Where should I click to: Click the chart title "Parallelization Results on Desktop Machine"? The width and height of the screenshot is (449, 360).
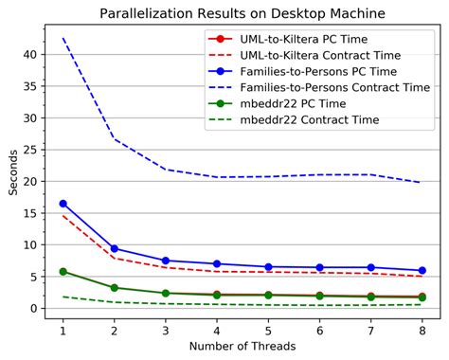(x=242, y=12)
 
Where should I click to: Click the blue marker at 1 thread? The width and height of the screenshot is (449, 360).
(x=63, y=204)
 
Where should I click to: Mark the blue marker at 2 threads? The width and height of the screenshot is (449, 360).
(x=115, y=248)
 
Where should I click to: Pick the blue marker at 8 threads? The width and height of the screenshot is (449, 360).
(x=422, y=271)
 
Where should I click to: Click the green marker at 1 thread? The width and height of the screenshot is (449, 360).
(x=63, y=271)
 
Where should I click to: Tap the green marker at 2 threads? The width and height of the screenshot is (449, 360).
(x=115, y=287)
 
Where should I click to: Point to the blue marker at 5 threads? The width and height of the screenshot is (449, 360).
(x=268, y=267)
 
